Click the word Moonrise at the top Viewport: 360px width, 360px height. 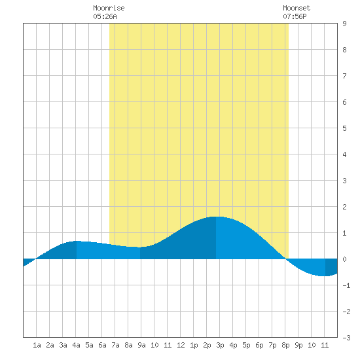(109, 8)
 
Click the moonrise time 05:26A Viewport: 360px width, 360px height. (105, 16)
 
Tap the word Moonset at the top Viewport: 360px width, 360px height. (297, 8)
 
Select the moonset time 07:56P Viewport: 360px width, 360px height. (295, 16)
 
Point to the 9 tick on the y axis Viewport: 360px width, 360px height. (344, 24)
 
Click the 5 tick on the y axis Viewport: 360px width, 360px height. (344, 128)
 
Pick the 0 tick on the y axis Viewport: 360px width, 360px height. (344, 259)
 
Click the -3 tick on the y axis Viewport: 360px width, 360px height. (346, 338)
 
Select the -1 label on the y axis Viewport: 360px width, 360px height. (346, 285)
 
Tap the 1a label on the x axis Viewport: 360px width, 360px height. (37, 345)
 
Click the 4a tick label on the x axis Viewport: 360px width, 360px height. (76, 345)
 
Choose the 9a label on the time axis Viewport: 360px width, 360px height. (141, 345)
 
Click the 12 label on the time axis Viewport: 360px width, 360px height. (181, 345)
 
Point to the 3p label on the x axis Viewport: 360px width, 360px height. (220, 345)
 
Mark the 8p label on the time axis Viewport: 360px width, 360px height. (285, 345)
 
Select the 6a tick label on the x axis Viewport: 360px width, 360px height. (102, 345)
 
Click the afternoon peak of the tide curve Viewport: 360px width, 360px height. (216, 217)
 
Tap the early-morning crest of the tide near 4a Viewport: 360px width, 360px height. (77, 241)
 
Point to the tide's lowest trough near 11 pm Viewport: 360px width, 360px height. (325, 276)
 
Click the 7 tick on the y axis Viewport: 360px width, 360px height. (344, 76)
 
